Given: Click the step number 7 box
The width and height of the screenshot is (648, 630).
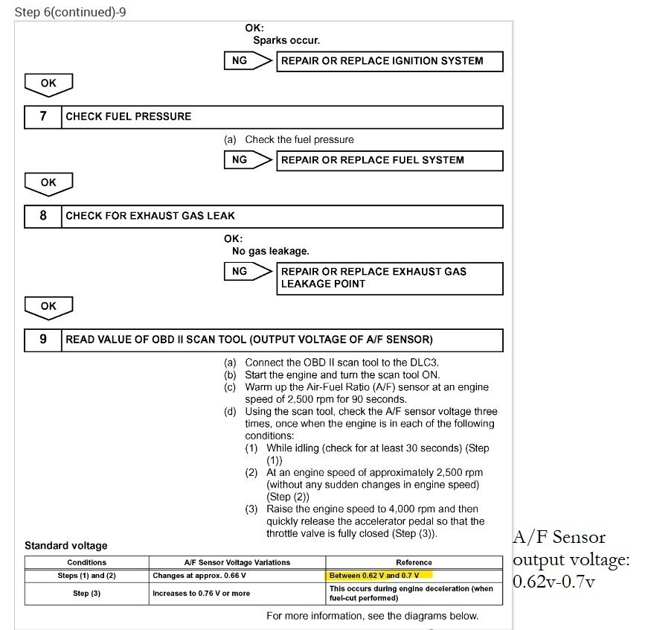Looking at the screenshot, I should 43,116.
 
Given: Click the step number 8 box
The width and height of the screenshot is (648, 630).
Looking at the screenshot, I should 43,216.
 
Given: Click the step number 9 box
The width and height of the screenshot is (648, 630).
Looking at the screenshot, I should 43,340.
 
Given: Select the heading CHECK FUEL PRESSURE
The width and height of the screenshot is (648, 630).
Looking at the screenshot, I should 129,116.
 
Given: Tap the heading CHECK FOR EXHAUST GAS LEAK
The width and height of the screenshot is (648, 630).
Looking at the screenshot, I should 150,216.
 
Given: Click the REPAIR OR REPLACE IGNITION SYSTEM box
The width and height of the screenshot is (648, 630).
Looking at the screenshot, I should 390,61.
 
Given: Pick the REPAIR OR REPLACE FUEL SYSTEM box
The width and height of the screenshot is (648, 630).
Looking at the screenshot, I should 390,160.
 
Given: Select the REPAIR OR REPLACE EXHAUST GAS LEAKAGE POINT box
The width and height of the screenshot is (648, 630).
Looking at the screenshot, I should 390,278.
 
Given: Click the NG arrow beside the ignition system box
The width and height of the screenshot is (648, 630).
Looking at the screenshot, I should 247,61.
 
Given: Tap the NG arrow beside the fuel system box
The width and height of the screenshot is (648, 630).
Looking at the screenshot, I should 247,160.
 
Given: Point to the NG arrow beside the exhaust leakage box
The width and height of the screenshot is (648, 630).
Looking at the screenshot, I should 247,272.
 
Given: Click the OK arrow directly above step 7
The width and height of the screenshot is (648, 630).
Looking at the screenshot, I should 48,84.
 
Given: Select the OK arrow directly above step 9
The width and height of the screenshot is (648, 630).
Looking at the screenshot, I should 48,307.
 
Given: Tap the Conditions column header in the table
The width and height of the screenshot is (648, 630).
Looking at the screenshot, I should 87,562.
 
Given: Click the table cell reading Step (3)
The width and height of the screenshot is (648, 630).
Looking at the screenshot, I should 87,594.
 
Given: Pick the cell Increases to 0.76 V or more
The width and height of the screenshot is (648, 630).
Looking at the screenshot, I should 202,594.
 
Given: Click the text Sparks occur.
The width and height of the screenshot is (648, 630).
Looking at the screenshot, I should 286,40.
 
